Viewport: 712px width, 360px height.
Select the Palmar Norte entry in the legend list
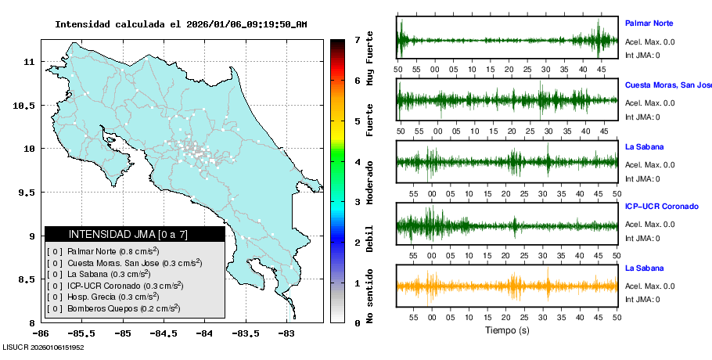(x=102, y=251)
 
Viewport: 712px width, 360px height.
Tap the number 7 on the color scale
(x=357, y=39)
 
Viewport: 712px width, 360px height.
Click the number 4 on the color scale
(x=357, y=162)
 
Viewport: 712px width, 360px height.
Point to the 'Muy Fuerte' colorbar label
(x=369, y=56)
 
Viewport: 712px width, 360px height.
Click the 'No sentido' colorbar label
(x=369, y=298)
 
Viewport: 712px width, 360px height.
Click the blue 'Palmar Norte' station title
(x=649, y=23)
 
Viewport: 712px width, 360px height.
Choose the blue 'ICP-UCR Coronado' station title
(x=661, y=207)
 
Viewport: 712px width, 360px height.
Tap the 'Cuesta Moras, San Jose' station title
(x=667, y=85)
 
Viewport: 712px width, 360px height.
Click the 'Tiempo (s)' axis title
(x=507, y=330)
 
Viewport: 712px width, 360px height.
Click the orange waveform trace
(x=507, y=286)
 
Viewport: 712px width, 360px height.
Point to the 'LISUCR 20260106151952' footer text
(x=44, y=347)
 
